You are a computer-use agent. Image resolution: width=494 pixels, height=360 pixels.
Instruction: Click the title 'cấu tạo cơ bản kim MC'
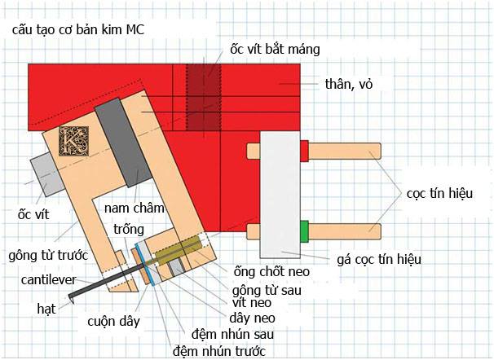pos(78,30)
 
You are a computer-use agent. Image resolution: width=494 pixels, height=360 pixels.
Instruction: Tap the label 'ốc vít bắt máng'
pos(275,50)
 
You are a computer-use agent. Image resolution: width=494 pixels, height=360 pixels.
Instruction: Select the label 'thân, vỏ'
pos(349,85)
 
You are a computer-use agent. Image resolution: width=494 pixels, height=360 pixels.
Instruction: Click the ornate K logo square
pos(73,141)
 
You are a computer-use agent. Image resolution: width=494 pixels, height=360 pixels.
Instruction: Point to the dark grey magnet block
pos(124,143)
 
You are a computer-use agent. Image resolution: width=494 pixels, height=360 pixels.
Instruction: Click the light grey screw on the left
pos(47,174)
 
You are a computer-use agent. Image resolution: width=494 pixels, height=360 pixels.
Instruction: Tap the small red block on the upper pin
pos(304,151)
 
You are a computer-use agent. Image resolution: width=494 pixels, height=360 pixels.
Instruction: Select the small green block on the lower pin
pos(304,232)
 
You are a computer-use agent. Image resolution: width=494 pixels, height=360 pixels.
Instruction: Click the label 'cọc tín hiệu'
pos(439,193)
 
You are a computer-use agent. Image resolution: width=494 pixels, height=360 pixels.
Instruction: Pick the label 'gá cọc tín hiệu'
pos(379,260)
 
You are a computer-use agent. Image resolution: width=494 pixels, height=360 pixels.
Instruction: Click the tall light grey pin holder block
pos(280,195)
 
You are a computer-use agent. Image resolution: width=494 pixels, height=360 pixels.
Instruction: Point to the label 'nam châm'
pos(135,208)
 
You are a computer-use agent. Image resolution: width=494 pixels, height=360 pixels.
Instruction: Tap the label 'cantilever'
pos(49,279)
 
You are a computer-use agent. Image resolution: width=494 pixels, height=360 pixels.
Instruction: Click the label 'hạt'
pos(46,309)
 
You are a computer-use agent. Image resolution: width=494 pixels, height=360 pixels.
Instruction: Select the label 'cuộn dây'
pos(114,322)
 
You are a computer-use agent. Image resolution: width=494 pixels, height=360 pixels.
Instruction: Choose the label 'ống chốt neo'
pos(271,271)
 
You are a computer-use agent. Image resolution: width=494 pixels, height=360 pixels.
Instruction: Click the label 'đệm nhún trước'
pos(219,351)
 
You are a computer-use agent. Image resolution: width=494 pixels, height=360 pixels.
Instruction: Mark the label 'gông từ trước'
pos(48,256)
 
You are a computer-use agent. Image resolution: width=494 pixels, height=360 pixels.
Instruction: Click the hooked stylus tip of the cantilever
pos(71,299)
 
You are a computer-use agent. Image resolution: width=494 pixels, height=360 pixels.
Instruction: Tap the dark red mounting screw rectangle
pos(203,97)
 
